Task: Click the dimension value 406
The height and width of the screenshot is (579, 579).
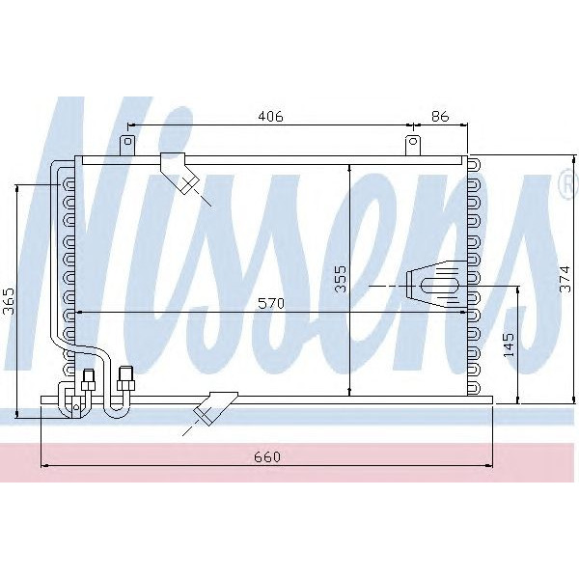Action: [x=270, y=117]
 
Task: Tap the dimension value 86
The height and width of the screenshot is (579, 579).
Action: [x=440, y=117]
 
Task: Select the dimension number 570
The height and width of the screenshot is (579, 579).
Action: [x=271, y=303]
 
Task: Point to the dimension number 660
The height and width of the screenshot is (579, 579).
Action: [x=267, y=457]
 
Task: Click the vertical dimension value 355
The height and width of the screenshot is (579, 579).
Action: [x=340, y=278]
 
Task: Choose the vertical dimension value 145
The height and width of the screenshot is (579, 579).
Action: [x=510, y=345]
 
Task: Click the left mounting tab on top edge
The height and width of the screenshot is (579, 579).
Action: [x=126, y=145]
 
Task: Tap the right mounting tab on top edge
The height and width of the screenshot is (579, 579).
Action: [x=413, y=145]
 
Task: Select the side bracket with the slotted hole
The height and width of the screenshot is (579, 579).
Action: [x=434, y=286]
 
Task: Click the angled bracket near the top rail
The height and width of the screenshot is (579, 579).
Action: [x=179, y=173]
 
